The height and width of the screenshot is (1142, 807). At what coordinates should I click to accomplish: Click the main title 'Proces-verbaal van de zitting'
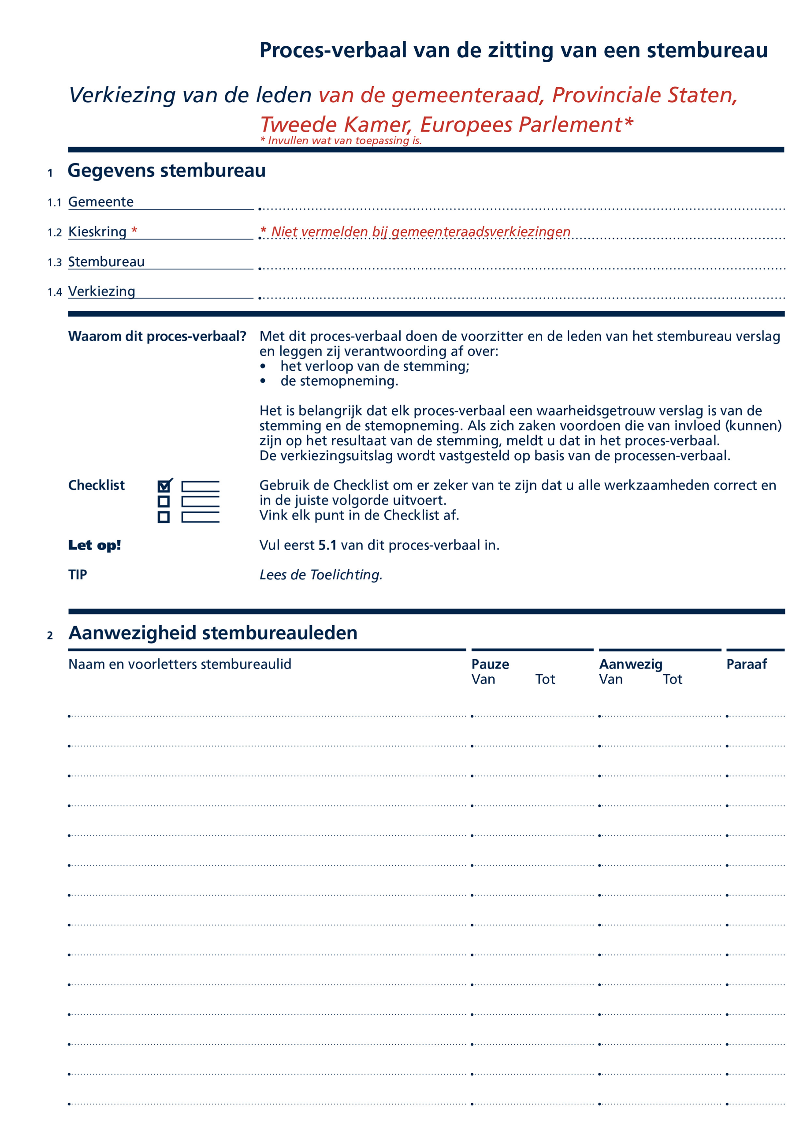tap(513, 50)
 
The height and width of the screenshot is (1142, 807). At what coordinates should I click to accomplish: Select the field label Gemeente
tap(101, 202)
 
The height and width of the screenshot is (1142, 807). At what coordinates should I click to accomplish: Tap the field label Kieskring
tap(97, 232)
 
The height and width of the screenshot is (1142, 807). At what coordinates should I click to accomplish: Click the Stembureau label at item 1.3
tap(106, 261)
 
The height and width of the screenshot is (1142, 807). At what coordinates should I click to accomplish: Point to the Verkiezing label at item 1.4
tap(101, 291)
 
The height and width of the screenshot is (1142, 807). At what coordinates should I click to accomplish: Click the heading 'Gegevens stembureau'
tap(167, 171)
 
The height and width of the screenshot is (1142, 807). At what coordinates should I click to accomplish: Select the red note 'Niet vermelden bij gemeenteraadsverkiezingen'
tap(420, 232)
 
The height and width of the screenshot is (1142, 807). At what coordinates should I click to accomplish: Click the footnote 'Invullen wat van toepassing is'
tap(341, 141)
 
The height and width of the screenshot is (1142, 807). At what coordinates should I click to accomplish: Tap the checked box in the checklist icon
tap(164, 486)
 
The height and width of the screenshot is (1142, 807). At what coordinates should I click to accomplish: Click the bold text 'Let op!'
tap(94, 545)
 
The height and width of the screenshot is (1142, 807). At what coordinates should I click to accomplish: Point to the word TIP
tap(78, 575)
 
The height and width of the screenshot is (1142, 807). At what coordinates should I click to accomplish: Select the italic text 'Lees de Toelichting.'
tap(321, 575)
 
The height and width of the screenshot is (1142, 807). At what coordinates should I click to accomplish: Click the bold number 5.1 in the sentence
tap(327, 545)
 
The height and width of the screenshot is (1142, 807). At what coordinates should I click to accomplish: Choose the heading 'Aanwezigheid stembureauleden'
tap(213, 633)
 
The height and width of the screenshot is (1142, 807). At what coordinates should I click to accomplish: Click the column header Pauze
tap(490, 664)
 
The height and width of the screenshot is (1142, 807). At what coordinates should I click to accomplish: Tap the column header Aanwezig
tap(631, 664)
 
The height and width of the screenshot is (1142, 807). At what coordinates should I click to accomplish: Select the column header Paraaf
tap(746, 664)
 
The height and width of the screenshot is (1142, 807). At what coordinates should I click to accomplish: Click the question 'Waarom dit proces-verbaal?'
tap(157, 336)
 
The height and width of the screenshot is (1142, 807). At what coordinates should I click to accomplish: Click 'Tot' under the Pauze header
tap(545, 679)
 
